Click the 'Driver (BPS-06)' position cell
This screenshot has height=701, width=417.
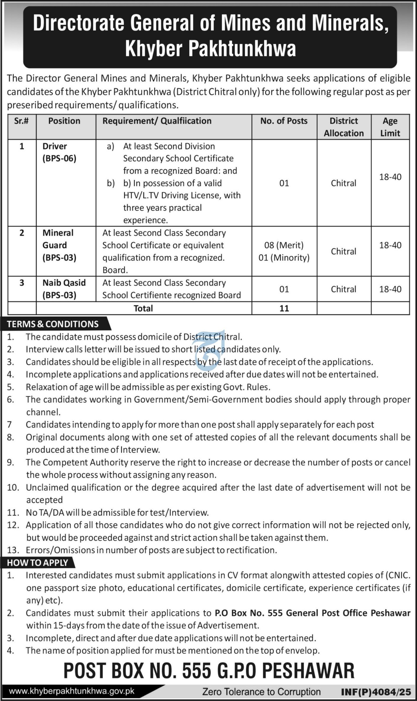click(59, 152)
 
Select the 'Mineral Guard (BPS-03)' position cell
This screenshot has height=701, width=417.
click(59, 245)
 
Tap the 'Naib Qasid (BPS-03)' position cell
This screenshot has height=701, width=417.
click(64, 289)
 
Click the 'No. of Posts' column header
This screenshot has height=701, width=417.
click(284, 121)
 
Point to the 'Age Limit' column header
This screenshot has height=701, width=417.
click(390, 127)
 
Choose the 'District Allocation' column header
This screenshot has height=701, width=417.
click(344, 127)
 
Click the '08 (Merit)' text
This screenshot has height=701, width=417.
click(284, 245)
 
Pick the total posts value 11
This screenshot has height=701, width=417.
click(284, 308)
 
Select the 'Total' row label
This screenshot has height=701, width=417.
click(143, 308)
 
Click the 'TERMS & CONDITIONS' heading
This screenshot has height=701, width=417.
click(53, 324)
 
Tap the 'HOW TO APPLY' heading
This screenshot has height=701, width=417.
click(38, 563)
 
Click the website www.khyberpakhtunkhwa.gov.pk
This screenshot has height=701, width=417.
click(72, 692)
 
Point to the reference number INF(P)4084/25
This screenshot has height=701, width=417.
click(376, 692)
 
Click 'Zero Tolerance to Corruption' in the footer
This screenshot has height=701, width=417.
click(261, 692)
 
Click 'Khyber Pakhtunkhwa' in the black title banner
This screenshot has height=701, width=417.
click(210, 49)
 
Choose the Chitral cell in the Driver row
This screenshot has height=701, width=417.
click(344, 183)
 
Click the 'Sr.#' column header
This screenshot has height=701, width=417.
click(21, 121)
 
